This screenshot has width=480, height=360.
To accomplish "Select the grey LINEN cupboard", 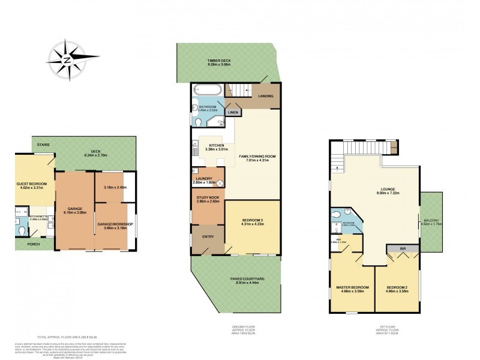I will tap(233, 112).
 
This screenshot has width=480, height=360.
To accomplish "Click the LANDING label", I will tap(266, 96).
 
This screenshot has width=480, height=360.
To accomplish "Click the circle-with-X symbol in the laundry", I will tap(220, 184).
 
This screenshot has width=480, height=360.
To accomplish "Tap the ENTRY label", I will tap(207, 236).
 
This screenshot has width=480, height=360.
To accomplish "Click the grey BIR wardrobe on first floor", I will tap(395, 247).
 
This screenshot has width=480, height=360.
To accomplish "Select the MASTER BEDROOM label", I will tap(352, 287).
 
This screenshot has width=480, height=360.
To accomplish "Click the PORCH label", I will tap(26, 245).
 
